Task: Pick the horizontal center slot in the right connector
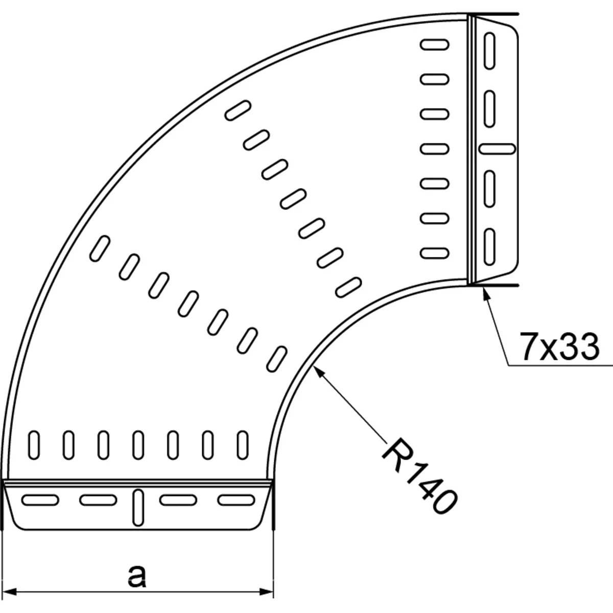[x=496, y=148]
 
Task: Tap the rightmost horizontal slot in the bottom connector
[x=235, y=499]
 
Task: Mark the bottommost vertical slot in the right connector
[x=489, y=246]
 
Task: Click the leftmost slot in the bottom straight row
[x=34, y=444]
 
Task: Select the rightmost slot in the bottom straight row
[x=243, y=444]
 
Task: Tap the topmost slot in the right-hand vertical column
[x=435, y=45]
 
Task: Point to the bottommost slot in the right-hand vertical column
[x=435, y=252]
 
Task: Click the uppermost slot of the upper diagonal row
[x=238, y=110]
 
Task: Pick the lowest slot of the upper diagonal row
[x=348, y=287]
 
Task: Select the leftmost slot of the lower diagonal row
[x=99, y=249]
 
